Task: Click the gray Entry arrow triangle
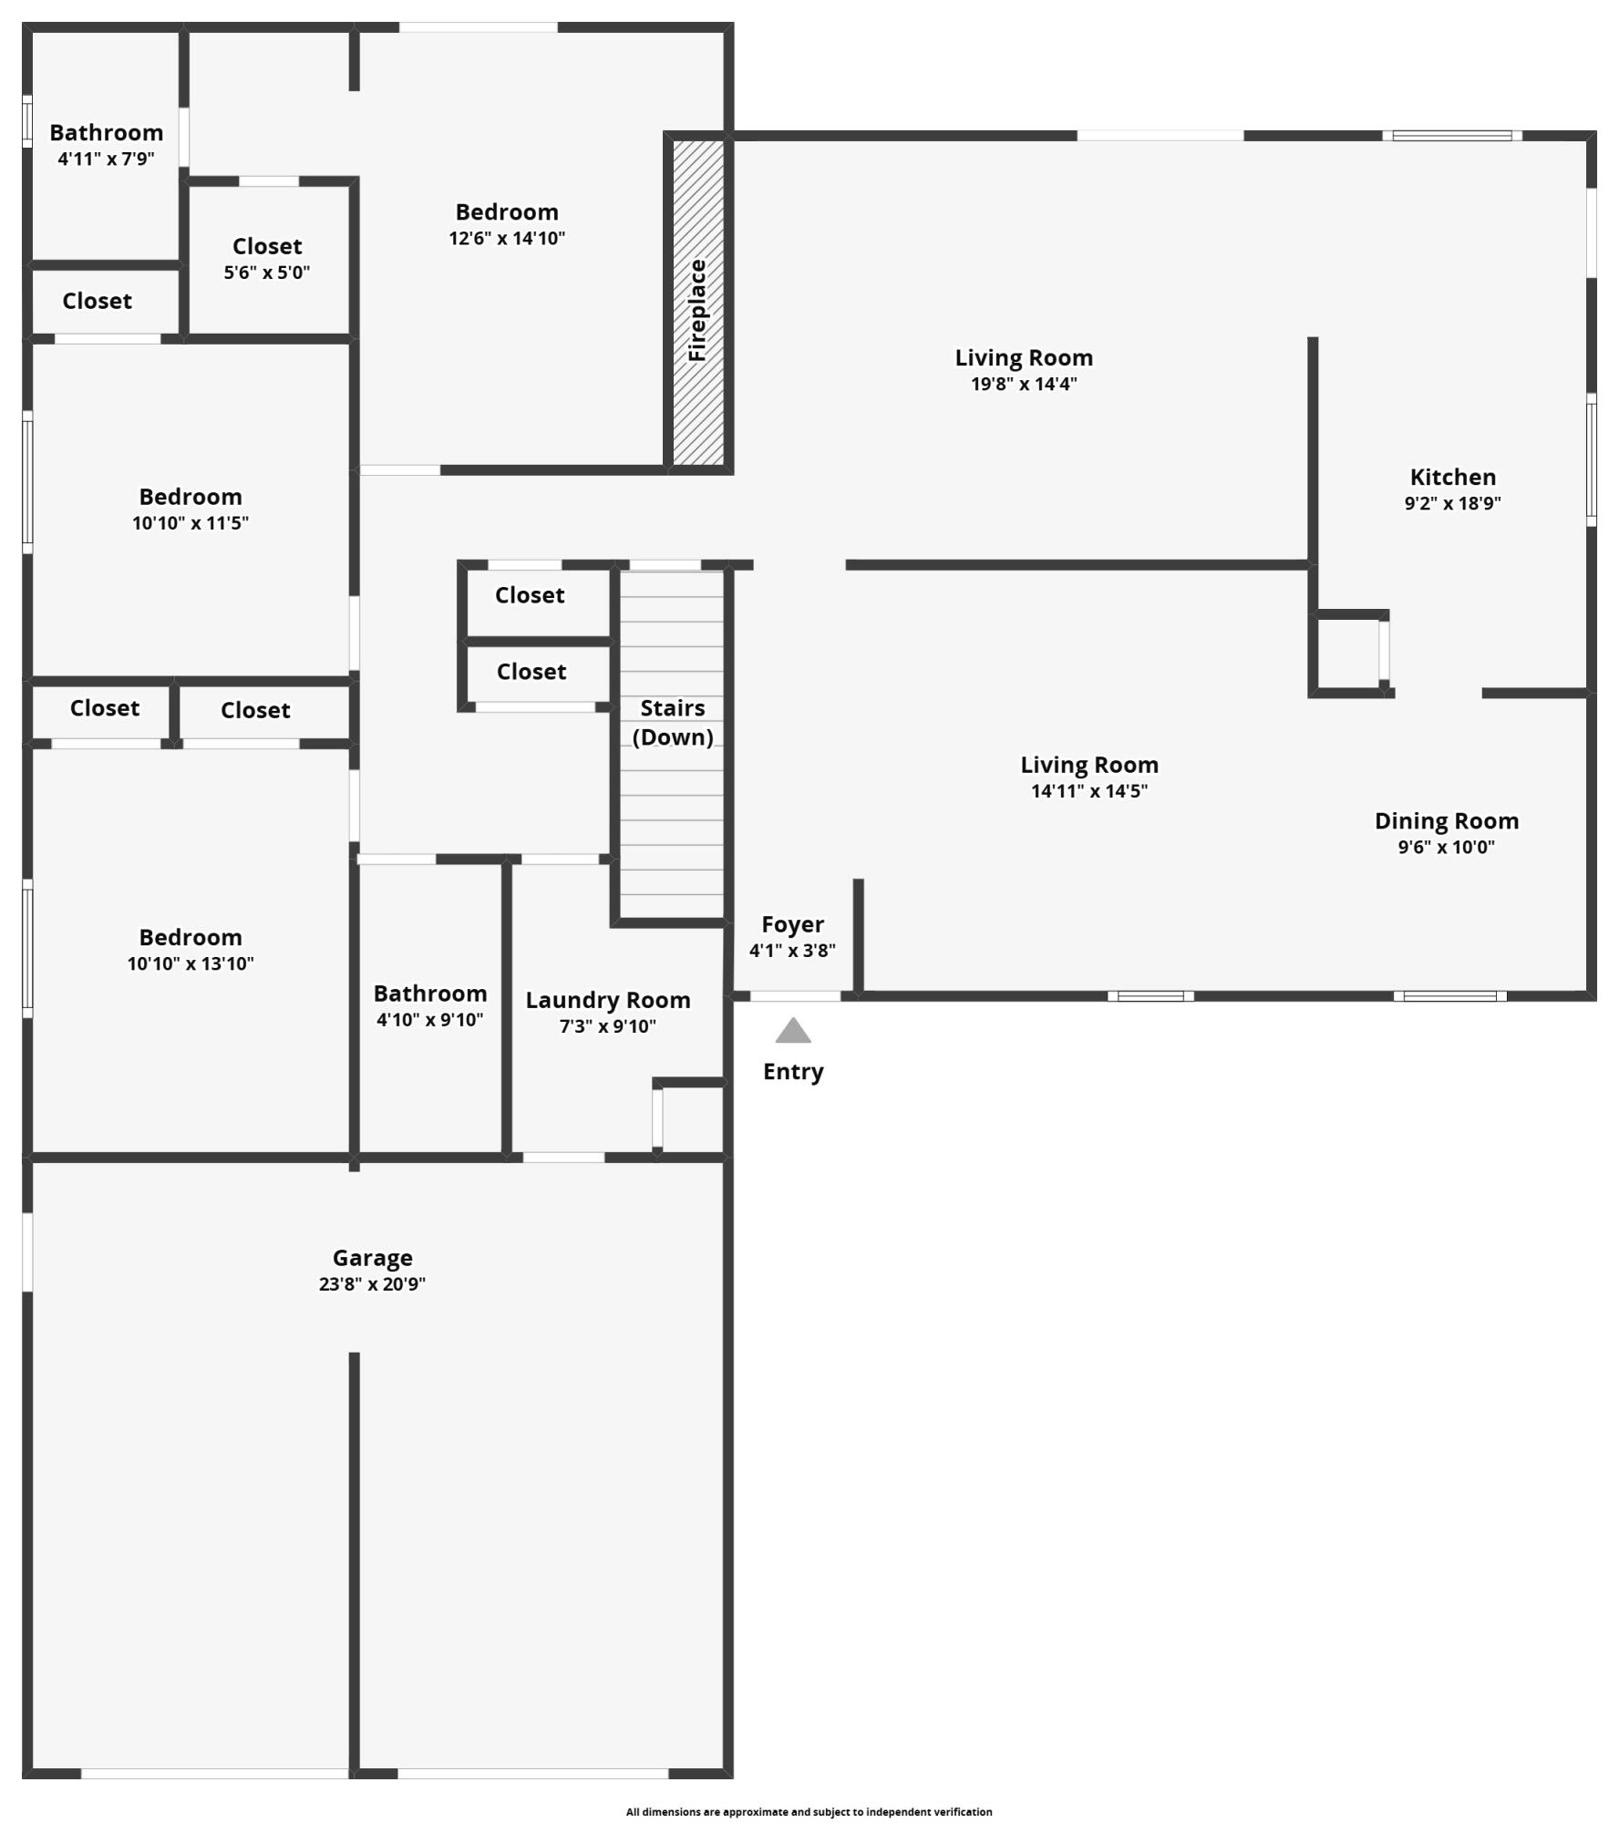(793, 1031)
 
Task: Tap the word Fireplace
(697, 310)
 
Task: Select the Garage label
(372, 1258)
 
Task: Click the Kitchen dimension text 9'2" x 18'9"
(1452, 503)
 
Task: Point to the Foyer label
(792, 924)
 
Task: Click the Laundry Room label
(607, 1000)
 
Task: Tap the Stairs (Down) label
(673, 723)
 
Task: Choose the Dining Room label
(1447, 821)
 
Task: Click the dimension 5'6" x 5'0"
(267, 273)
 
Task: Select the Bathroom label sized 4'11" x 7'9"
(106, 133)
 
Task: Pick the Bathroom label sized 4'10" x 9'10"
(429, 994)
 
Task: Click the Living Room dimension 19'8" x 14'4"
(1024, 384)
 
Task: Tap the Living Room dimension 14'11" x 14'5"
(1089, 791)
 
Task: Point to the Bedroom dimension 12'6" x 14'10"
(507, 239)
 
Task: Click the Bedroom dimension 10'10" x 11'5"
(191, 523)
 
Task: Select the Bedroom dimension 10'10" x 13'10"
(191, 964)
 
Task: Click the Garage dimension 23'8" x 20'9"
(372, 1284)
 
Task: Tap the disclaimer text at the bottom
(809, 1812)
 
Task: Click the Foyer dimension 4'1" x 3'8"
(792, 951)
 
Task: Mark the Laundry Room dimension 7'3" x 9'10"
(607, 1026)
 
